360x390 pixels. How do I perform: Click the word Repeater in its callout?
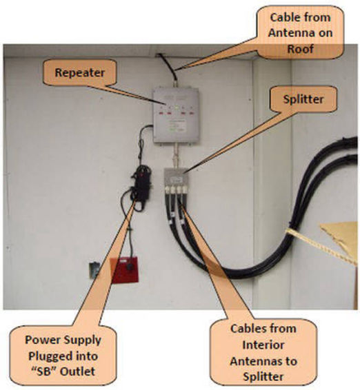click(80, 72)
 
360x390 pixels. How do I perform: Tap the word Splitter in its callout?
click(303, 100)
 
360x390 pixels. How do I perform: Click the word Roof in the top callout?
click(300, 49)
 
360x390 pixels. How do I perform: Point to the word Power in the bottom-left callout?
click(40, 340)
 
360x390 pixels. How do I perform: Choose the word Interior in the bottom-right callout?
click(263, 345)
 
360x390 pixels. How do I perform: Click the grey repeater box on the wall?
click(176, 114)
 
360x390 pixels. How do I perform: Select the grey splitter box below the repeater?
click(176, 178)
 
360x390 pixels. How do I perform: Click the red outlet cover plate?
click(124, 270)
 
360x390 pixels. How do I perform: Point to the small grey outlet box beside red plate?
click(94, 269)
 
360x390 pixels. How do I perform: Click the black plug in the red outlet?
click(130, 267)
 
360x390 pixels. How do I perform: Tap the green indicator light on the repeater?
click(177, 108)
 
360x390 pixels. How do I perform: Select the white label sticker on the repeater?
click(177, 126)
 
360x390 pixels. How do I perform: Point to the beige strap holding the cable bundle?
click(321, 246)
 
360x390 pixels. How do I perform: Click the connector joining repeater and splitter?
click(176, 156)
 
